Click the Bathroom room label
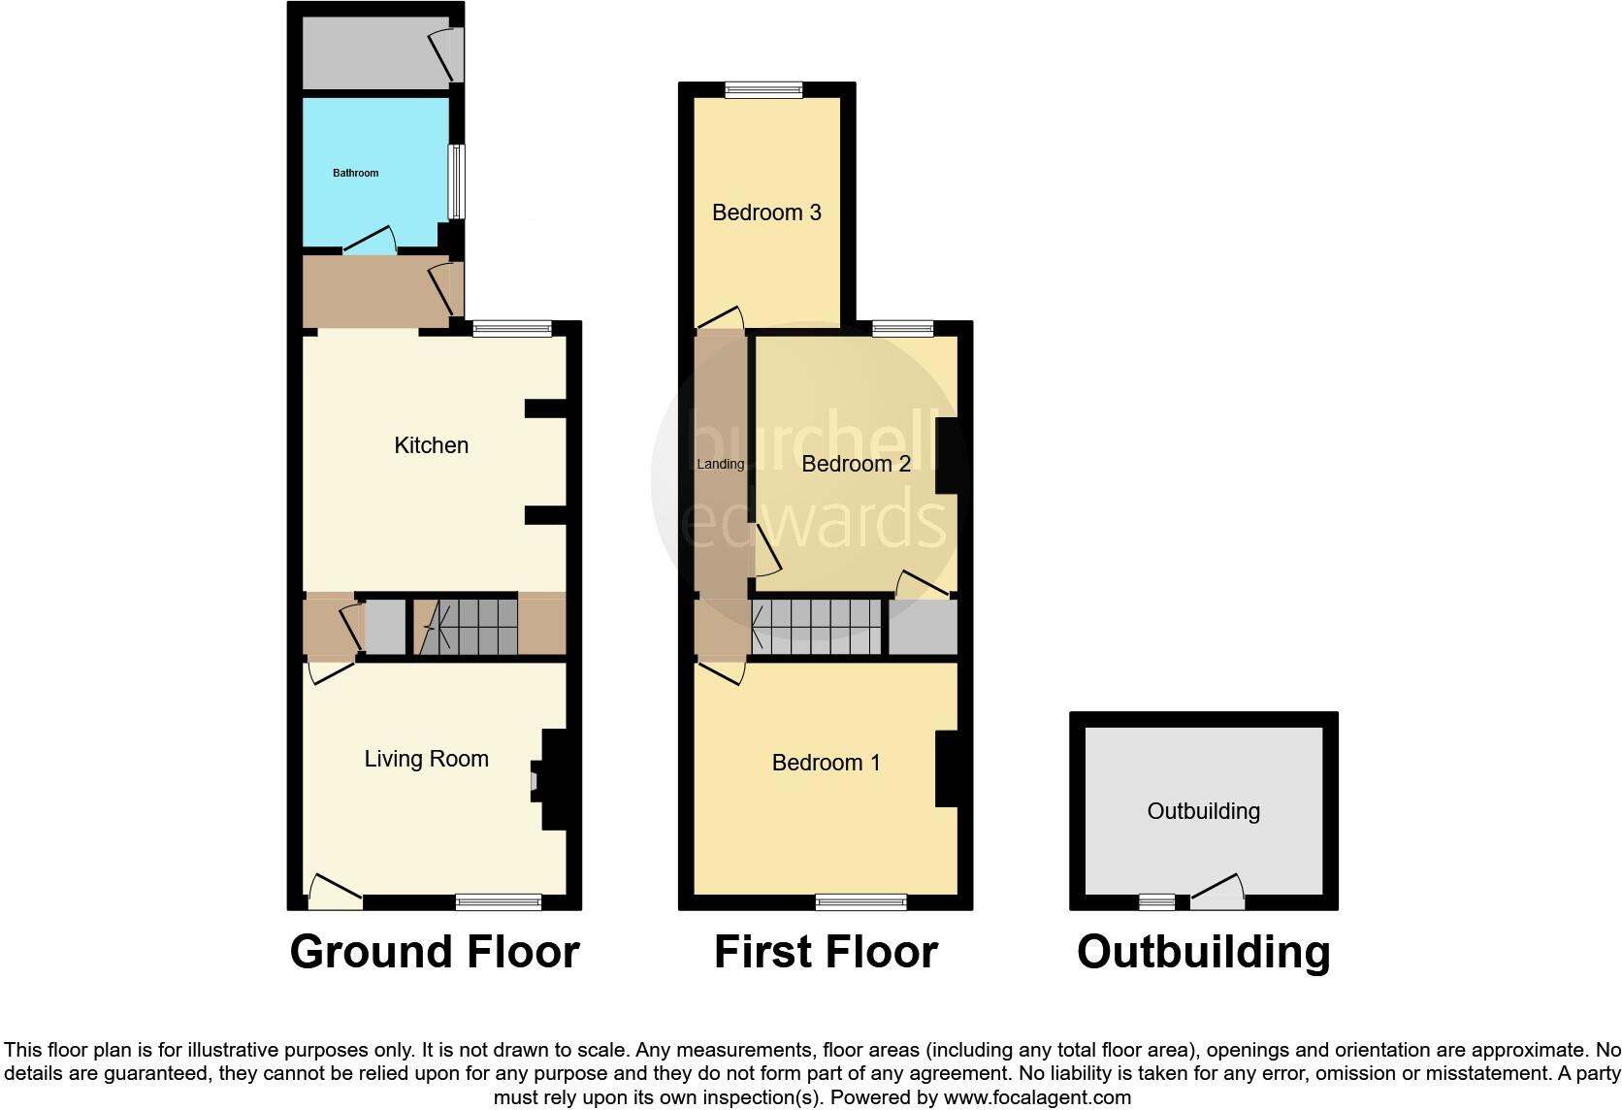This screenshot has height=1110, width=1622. point(355,173)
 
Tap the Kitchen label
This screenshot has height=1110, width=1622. point(431,445)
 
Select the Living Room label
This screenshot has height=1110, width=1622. point(426,759)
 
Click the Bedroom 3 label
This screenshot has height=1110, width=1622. point(766,212)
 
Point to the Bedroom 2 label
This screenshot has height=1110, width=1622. point(856,464)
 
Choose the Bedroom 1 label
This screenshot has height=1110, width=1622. point(826,763)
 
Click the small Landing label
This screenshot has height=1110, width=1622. point(720,464)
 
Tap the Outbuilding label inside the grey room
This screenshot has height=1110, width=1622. point(1203,811)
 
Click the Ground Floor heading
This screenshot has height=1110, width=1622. point(435,952)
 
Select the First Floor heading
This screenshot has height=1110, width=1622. point(826,952)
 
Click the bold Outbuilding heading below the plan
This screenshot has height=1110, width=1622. point(1203,952)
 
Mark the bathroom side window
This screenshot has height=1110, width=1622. point(454,181)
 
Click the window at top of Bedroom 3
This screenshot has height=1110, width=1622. point(763,90)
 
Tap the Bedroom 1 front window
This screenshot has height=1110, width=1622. point(860,902)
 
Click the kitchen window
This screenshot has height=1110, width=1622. point(511,329)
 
